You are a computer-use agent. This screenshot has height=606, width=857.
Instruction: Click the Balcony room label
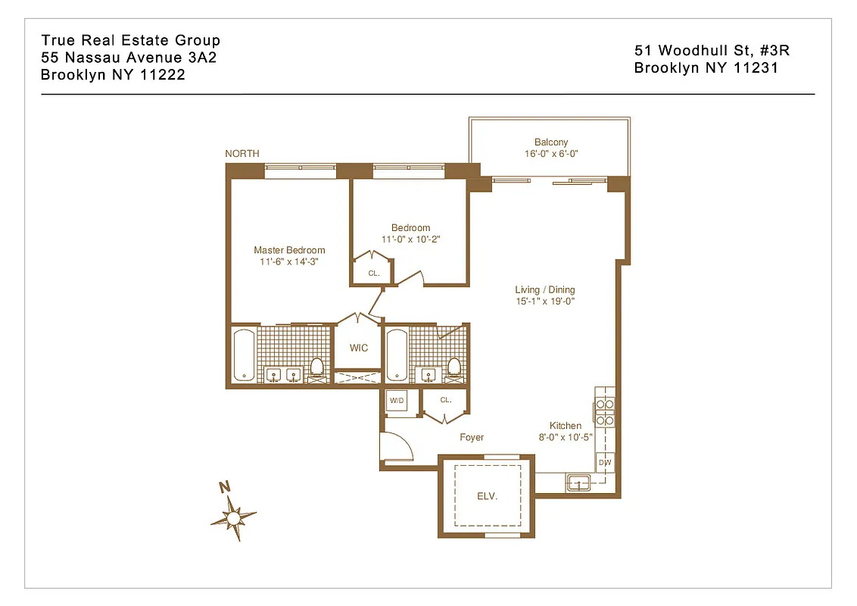[550, 142]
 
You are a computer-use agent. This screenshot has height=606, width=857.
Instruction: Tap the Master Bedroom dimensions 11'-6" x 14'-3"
[289, 262]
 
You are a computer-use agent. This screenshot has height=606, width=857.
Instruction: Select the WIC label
[359, 348]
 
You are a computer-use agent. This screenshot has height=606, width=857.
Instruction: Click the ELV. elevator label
[487, 496]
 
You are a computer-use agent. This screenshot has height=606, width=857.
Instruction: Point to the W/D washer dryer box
[397, 401]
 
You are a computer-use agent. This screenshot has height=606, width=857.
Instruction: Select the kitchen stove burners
[604, 412]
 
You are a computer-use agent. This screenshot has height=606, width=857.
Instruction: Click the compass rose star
[234, 517]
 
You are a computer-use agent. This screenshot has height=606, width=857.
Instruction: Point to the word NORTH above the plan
[242, 154]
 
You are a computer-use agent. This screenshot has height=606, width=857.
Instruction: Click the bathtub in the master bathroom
[244, 355]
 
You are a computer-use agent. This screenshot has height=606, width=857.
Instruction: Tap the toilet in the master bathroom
[316, 369]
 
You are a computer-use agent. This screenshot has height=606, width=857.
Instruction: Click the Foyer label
[472, 437]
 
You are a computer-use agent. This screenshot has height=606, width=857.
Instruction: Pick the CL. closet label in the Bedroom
[373, 273]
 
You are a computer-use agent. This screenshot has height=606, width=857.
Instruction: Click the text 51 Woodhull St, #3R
[712, 51]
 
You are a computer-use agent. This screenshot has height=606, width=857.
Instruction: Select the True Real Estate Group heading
[130, 40]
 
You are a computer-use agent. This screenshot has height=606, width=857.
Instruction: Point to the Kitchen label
[566, 426]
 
